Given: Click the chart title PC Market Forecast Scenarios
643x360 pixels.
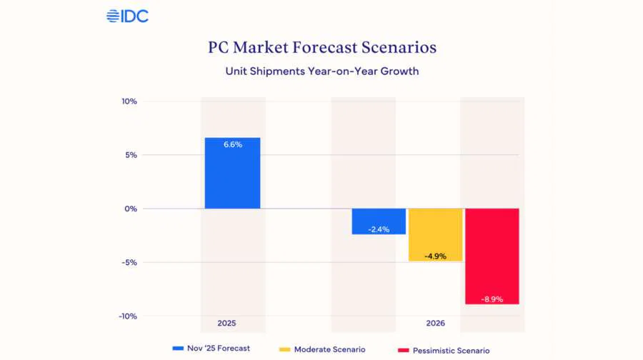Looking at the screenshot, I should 321,48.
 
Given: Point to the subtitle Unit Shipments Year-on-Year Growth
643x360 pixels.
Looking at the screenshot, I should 321,71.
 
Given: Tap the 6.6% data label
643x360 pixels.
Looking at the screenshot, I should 232,144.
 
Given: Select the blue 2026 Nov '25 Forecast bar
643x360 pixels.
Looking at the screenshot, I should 379,221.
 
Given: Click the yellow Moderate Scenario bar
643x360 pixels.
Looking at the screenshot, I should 435,234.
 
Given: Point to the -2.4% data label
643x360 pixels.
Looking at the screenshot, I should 379,229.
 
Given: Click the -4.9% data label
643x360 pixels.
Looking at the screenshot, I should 435,256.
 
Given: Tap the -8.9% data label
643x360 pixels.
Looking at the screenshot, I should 492,299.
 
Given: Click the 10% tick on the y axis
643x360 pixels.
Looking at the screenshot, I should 129,101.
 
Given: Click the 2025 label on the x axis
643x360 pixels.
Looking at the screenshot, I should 226,324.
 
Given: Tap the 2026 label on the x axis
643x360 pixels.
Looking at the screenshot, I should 435,324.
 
